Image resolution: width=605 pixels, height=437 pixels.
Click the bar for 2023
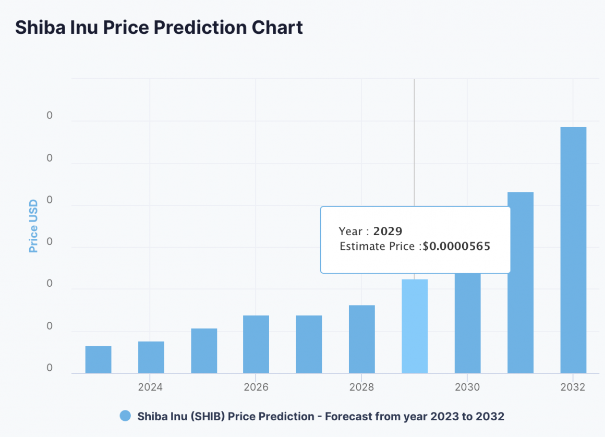coord(98,359)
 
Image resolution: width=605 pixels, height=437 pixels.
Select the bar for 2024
coord(151,357)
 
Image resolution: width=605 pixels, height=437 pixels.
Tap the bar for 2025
coord(204,350)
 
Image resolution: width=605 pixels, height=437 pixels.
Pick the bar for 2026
coord(256,344)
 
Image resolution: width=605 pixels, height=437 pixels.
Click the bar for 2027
coord(309,344)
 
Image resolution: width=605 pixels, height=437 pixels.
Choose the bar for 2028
coord(362,339)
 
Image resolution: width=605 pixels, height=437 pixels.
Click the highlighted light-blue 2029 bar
coord(415,326)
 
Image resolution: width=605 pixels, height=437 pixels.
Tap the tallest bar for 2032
coord(573,250)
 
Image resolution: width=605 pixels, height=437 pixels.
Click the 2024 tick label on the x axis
coord(150,387)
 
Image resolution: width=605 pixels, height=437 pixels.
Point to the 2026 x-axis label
coord(256,387)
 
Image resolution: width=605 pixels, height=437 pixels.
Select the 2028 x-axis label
coord(361,387)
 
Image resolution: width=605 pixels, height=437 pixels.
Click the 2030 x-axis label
coord(467,387)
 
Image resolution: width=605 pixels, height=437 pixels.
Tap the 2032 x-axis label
coord(573,387)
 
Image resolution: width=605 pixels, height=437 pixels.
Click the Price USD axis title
coord(33,226)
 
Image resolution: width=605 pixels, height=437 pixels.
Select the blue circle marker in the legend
coord(125,416)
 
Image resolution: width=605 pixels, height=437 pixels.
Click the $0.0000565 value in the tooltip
coord(456,247)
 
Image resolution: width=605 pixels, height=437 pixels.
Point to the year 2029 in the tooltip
coord(388,232)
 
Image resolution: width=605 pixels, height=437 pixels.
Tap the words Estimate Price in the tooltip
coord(379,247)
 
